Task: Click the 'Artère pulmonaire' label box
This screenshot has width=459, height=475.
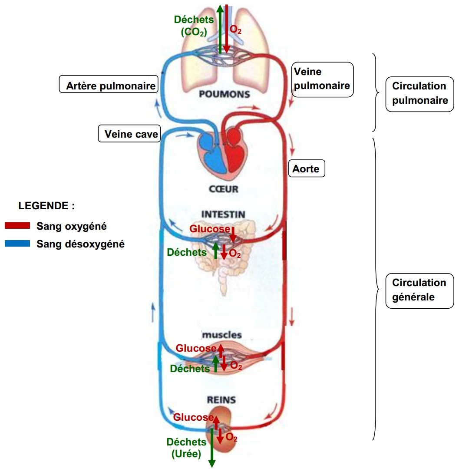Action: click(x=108, y=86)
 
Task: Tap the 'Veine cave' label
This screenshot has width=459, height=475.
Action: click(x=129, y=134)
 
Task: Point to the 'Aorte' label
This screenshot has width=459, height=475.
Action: click(x=307, y=169)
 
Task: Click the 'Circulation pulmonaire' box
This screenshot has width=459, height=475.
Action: click(x=419, y=93)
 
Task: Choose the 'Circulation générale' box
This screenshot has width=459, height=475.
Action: click(x=419, y=290)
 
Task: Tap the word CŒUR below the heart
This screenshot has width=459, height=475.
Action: click(x=224, y=189)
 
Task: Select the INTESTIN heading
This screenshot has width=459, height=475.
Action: click(x=223, y=214)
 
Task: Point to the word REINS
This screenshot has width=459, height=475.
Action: click(x=221, y=399)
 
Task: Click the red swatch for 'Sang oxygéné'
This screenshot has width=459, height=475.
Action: click(x=17, y=226)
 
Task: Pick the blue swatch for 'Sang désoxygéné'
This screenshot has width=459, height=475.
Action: click(x=17, y=244)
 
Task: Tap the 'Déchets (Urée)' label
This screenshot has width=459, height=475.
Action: click(x=186, y=448)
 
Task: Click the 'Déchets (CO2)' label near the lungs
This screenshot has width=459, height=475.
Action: click(x=194, y=25)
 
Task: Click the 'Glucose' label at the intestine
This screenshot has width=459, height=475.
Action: click(x=210, y=229)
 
